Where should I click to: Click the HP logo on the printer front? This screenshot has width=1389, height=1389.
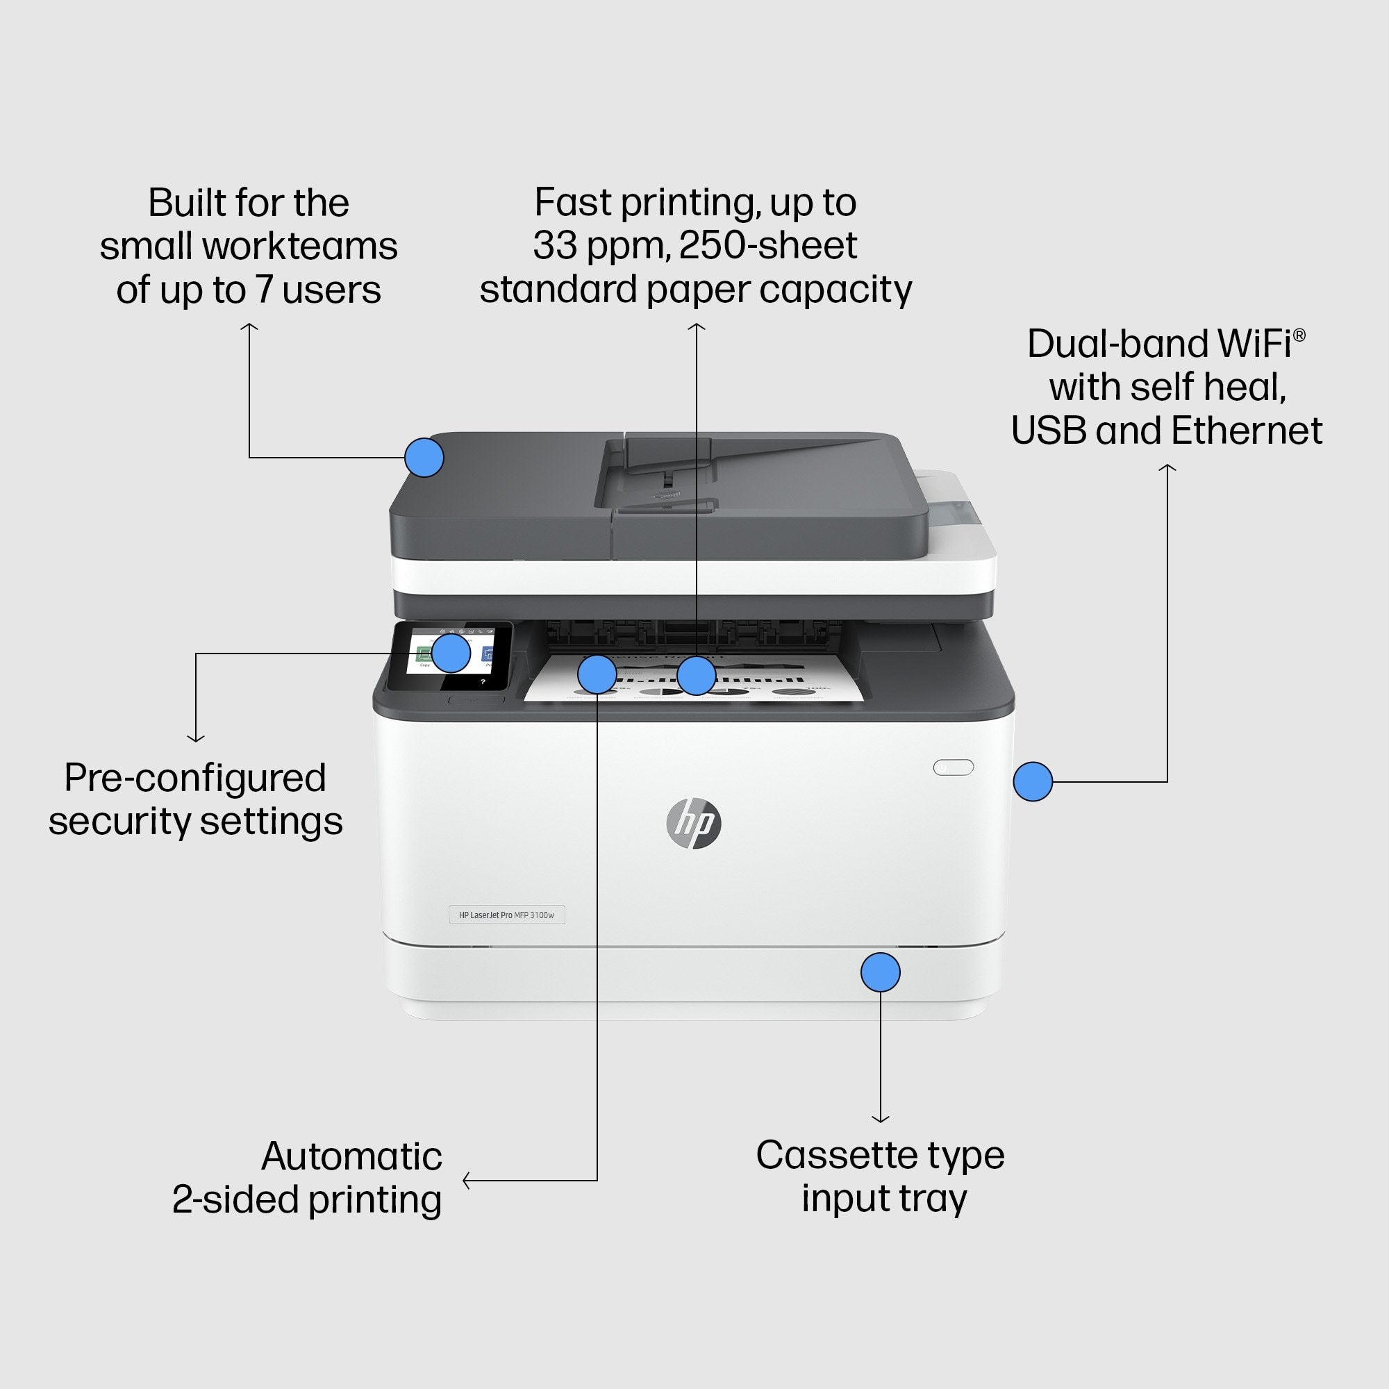point(693,822)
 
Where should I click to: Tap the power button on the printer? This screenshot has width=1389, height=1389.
point(954,767)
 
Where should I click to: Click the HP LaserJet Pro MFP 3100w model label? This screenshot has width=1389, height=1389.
point(507,915)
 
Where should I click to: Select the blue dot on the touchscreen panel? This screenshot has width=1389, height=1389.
point(451,653)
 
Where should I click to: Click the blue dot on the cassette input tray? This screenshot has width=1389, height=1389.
point(880,972)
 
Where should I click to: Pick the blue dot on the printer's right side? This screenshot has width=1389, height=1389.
point(1033,781)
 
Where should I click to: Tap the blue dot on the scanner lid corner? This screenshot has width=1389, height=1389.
point(424,457)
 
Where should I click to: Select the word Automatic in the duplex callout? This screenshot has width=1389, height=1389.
point(351,1156)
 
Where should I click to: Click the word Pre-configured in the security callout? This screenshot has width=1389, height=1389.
point(195,778)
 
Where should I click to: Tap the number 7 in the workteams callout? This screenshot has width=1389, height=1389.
point(264,289)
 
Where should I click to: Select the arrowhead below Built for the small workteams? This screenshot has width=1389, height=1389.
point(249,327)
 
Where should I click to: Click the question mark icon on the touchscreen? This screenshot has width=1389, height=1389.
point(483,681)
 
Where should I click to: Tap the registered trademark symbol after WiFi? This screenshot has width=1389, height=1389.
point(1299,334)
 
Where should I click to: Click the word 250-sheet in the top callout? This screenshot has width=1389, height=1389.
point(768,245)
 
